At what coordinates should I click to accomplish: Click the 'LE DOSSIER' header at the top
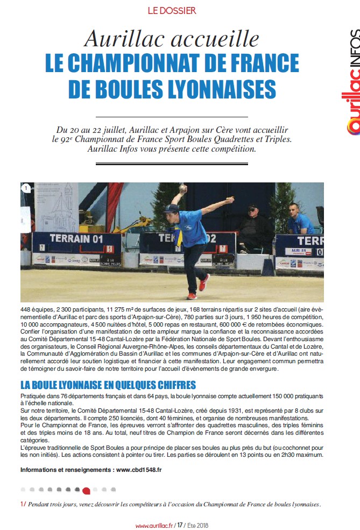point(172,10)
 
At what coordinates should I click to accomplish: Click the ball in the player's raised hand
point(183,188)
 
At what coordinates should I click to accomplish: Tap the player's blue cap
point(173,208)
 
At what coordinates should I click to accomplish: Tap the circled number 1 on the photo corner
point(26,188)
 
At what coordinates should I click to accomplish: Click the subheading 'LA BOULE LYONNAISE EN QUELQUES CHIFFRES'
point(108,385)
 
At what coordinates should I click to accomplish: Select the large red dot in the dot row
point(86,491)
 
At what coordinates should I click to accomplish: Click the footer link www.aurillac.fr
point(154,525)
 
